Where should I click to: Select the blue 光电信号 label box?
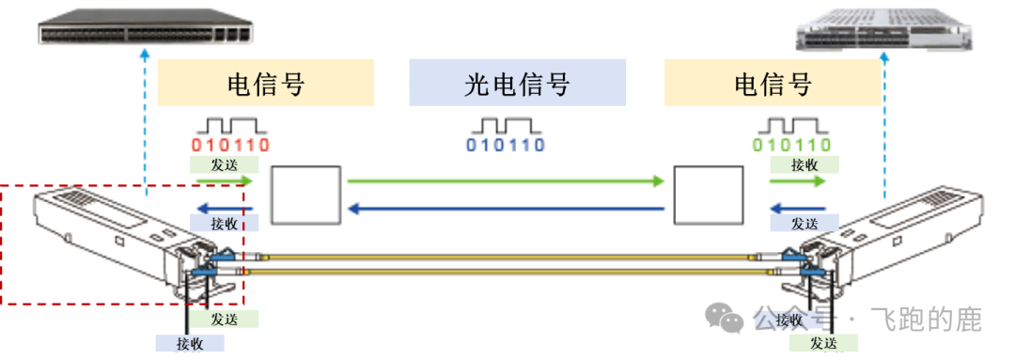click(517, 83)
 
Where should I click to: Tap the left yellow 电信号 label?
click(266, 83)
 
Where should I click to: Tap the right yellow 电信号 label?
click(773, 83)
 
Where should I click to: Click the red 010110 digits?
click(230, 146)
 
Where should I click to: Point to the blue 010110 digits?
click(506, 146)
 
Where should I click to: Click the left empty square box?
click(304, 196)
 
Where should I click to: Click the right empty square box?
click(708, 196)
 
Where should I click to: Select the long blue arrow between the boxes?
click(506, 208)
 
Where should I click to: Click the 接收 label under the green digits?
click(804, 164)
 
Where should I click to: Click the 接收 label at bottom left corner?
click(191, 343)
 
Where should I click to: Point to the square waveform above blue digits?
click(506, 125)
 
